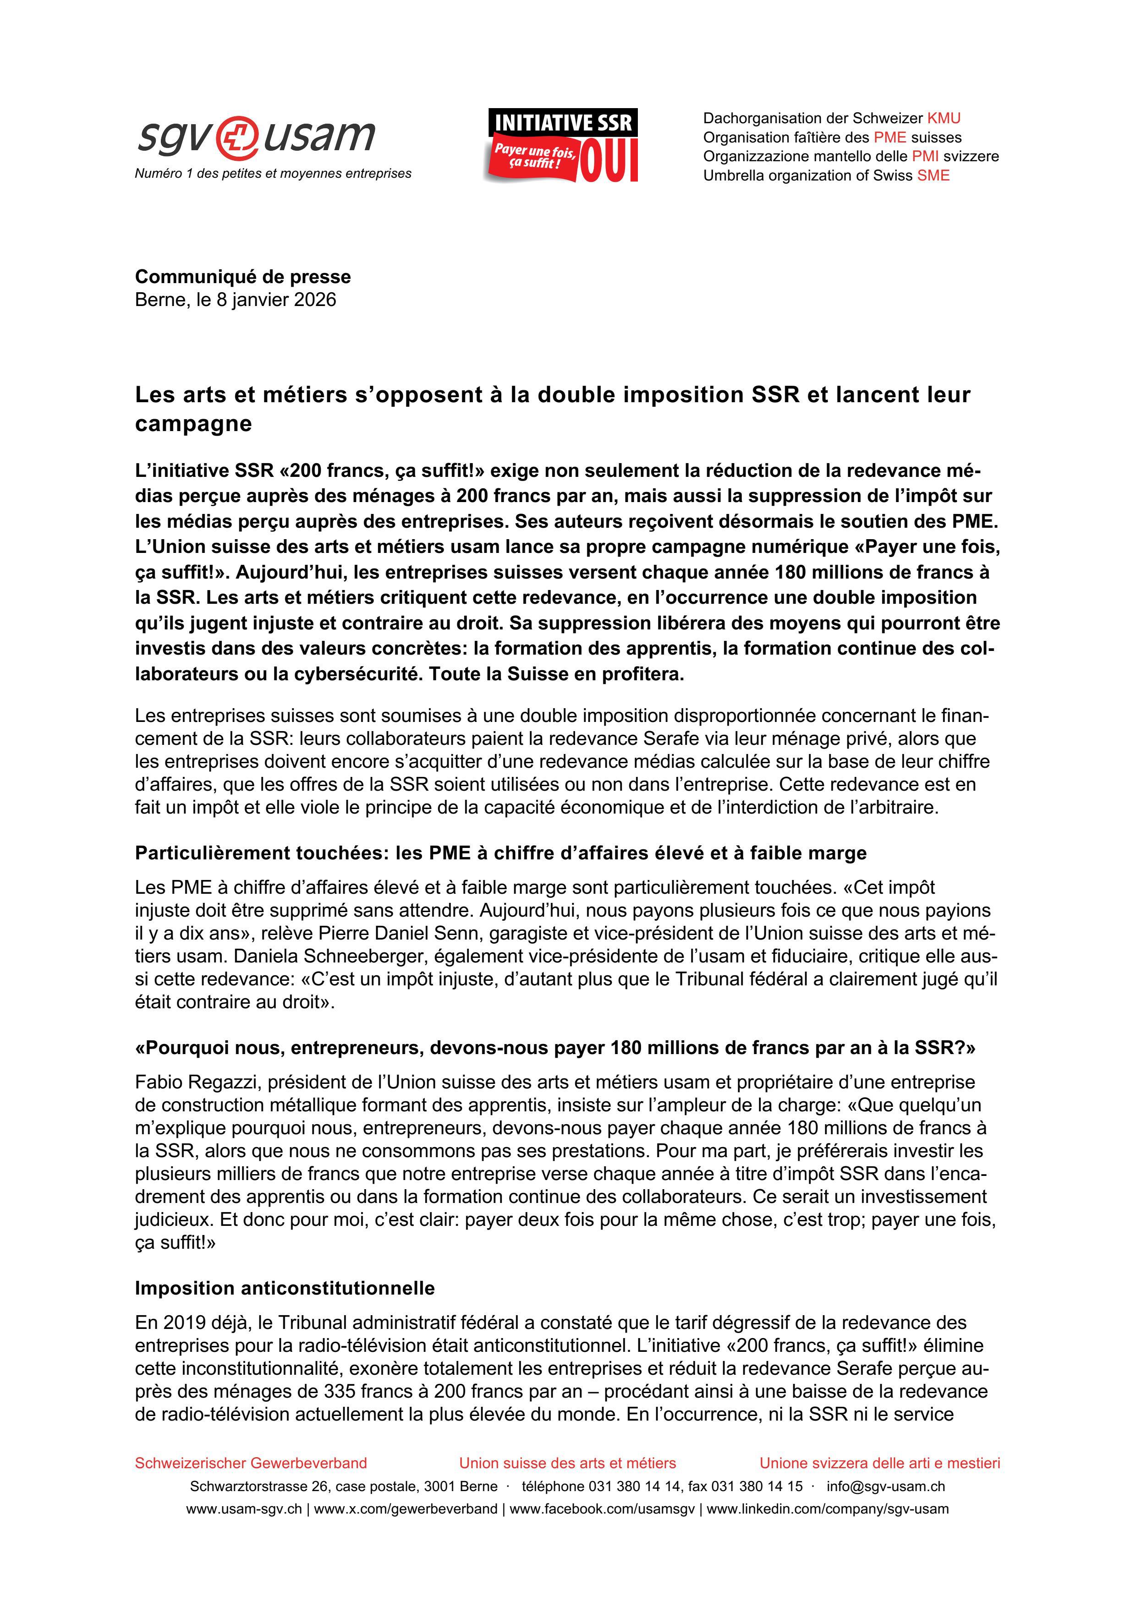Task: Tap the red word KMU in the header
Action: (x=944, y=118)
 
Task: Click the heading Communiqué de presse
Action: (x=243, y=277)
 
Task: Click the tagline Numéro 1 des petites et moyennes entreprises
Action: (x=273, y=174)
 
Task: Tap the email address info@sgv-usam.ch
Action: (x=885, y=1487)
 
